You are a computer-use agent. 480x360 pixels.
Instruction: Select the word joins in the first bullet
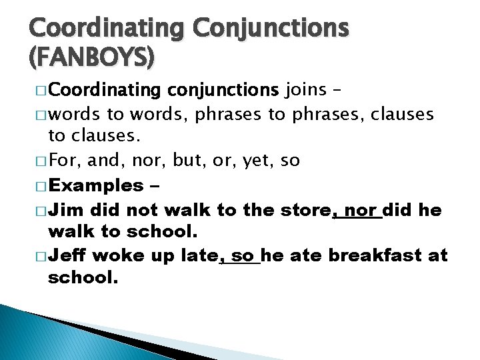tap(307, 89)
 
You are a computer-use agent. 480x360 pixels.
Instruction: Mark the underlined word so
tap(243, 255)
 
